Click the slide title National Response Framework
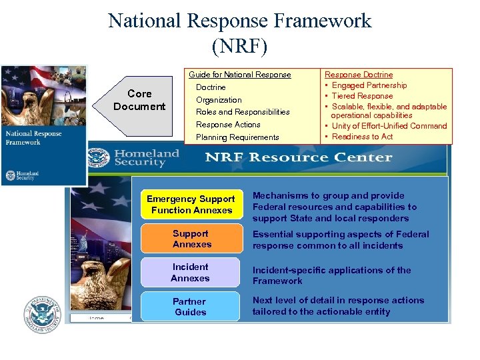click(x=239, y=21)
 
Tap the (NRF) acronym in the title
click(x=239, y=47)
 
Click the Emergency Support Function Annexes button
click(x=191, y=205)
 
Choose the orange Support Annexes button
click(x=191, y=239)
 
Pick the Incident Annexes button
click(x=190, y=273)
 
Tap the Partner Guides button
click(x=190, y=307)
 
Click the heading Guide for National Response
click(x=240, y=75)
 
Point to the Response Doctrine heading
click(x=359, y=75)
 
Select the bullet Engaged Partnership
click(x=369, y=85)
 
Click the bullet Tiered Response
click(x=362, y=96)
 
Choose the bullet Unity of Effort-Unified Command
click(x=389, y=126)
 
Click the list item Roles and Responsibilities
click(x=243, y=112)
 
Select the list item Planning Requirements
click(x=237, y=137)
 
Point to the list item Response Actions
click(x=228, y=125)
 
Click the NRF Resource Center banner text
click(x=298, y=157)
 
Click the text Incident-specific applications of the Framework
click(x=331, y=275)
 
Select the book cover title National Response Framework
click(x=33, y=137)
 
